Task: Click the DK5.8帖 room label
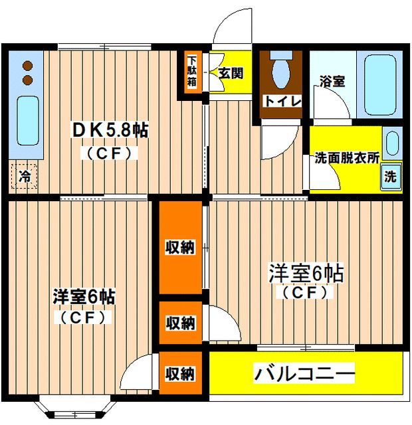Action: point(110,131)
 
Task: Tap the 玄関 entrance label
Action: point(231,72)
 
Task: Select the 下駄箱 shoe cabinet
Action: point(191,71)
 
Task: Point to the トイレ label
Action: point(284,101)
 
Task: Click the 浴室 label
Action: point(332,81)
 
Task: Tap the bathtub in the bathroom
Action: point(379,84)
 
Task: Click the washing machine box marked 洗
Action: point(390,177)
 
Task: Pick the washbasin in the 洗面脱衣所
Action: point(391,144)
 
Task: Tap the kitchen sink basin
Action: point(27,120)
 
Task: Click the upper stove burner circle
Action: point(28,66)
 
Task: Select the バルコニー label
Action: point(304,374)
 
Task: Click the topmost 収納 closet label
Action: point(179,248)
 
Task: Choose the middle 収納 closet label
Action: point(179,323)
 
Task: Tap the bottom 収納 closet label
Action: point(179,374)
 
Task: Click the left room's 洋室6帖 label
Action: point(84,297)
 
